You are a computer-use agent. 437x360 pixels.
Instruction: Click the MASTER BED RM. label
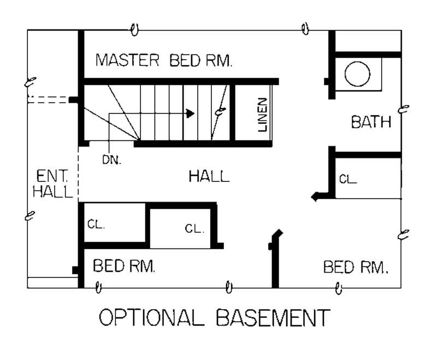[164, 60]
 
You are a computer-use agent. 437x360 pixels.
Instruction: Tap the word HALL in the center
[209, 176]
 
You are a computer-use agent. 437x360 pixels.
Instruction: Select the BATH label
[371, 122]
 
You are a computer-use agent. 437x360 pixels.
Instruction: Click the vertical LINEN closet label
[263, 115]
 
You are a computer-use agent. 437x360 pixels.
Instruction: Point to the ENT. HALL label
[53, 184]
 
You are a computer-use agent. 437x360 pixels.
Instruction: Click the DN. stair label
[111, 160]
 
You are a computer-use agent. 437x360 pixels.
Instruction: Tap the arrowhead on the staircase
[190, 114]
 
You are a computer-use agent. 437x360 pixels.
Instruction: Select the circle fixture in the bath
[358, 74]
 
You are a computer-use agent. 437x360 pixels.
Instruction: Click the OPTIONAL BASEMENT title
[214, 317]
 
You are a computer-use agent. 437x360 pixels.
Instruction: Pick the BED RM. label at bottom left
[125, 267]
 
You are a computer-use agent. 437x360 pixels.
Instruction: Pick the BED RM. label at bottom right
[356, 267]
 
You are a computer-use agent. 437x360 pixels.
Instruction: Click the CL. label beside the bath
[348, 179]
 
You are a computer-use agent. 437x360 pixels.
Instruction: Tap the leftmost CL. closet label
[96, 224]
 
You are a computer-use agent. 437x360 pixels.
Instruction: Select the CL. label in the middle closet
[194, 229]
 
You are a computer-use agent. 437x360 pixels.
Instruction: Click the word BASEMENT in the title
[273, 317]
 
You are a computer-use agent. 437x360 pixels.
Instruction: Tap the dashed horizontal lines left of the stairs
[48, 99]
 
